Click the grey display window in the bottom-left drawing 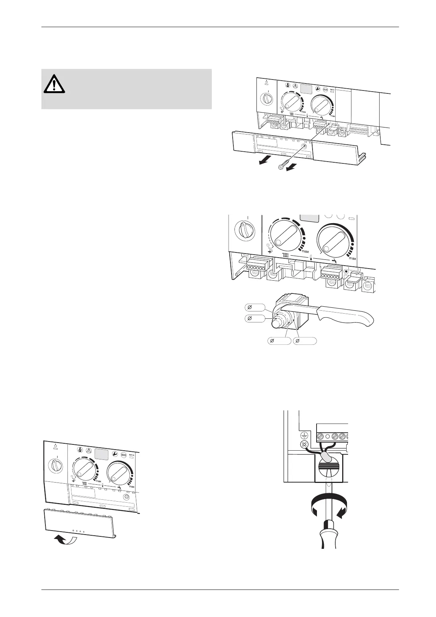[101, 454]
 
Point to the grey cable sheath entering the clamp [325, 456]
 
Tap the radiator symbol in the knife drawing [286, 256]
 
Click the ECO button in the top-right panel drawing [325, 89]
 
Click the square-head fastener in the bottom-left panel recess [126, 497]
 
